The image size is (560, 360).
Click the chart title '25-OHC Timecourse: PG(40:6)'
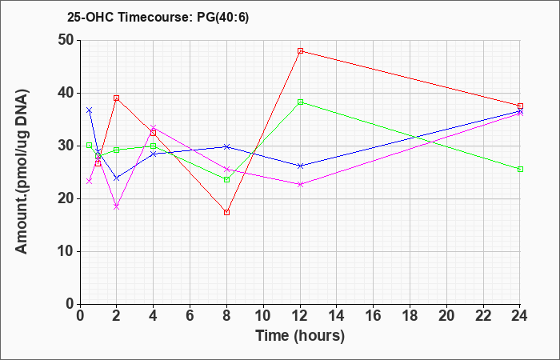point(158,18)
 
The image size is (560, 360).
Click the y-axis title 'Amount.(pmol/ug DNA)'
point(22,172)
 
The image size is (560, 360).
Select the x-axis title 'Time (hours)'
point(300,336)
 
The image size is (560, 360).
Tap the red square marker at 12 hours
point(300,51)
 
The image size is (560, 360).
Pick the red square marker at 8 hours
point(226,213)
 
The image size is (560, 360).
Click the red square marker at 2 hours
point(117,98)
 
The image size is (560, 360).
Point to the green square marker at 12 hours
point(300,102)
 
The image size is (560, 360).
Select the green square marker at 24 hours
point(520,170)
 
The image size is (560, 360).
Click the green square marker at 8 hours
point(226,180)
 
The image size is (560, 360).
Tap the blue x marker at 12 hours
point(300,166)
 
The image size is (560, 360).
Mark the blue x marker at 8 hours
point(226,146)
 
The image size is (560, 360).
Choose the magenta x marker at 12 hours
point(300,184)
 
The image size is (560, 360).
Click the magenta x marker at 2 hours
point(117,206)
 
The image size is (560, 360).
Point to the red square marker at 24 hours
point(520,106)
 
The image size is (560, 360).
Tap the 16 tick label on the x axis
point(374,316)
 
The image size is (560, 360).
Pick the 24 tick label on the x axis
point(519,316)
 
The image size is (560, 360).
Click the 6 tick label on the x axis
point(190,316)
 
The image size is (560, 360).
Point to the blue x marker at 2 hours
point(117,178)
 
